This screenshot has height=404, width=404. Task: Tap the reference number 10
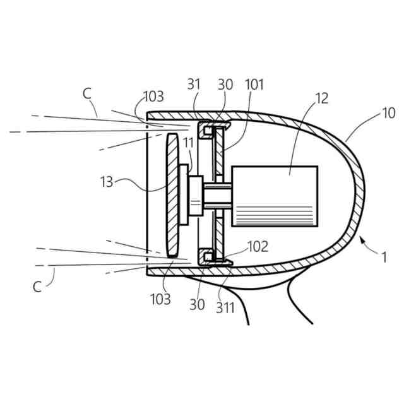click(389, 114)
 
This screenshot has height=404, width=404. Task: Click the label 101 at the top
click(256, 85)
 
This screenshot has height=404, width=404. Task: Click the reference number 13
click(107, 182)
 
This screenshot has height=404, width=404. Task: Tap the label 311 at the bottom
click(226, 308)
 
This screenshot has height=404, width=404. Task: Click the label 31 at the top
click(194, 85)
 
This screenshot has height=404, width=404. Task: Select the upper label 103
click(153, 97)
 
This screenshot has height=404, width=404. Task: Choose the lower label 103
click(160, 300)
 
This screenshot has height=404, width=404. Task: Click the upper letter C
click(87, 93)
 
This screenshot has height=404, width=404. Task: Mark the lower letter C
click(37, 287)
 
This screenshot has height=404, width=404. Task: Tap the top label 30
click(225, 85)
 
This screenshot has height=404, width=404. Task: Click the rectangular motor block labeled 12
click(275, 196)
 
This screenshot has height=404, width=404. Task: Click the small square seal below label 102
click(206, 256)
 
